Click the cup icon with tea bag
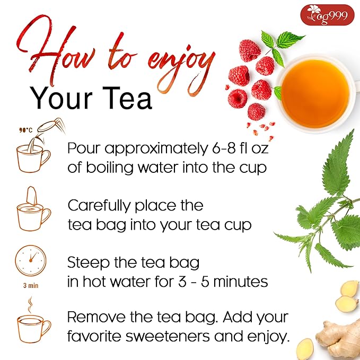pyautogui.click(x=33, y=210)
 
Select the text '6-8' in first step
pyautogui.click(x=211, y=150)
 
